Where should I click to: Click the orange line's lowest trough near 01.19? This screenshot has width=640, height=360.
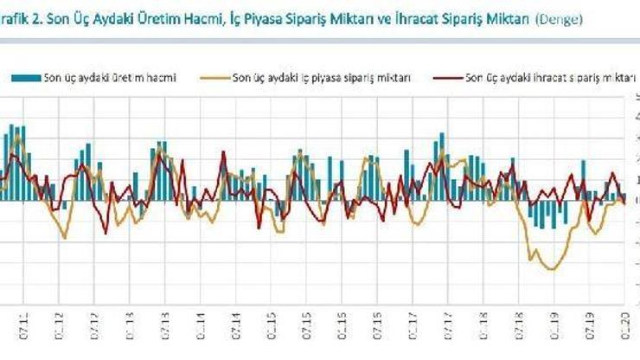click(551, 269)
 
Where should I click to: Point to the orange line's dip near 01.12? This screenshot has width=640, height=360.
click(65, 237)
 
